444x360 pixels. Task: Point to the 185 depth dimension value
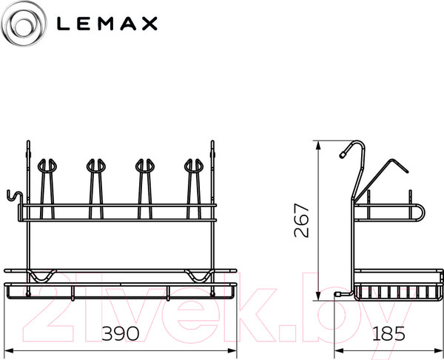pyautogui.click(x=388, y=333)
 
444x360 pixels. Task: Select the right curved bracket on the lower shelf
pyautogui.click(x=198, y=276)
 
